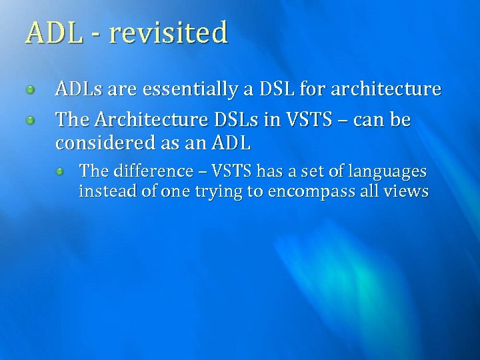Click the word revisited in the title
tap(168, 33)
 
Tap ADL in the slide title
tap(54, 33)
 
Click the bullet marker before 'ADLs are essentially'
tap(30, 89)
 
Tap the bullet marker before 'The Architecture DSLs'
tap(30, 121)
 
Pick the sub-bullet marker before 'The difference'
tap(60, 172)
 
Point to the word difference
tap(153, 171)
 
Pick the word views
tap(407, 192)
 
